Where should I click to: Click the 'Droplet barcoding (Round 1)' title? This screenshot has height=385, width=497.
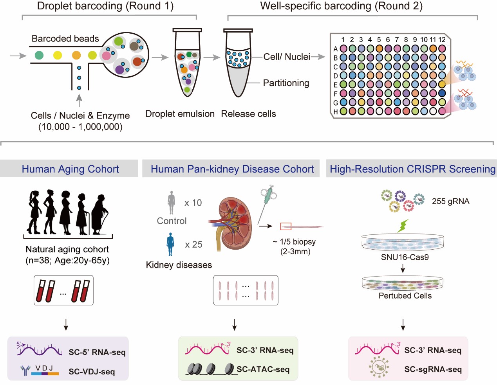[105, 6]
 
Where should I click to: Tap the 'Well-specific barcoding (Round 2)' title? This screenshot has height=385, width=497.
[341, 6]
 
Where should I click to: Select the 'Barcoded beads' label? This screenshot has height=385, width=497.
[65, 39]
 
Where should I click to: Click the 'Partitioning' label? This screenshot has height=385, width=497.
[286, 83]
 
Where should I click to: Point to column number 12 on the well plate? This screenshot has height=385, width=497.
[442, 40]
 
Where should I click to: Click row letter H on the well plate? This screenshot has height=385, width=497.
[336, 112]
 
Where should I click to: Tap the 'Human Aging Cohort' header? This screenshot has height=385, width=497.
[70, 169]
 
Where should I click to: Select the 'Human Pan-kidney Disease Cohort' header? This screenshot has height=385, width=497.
[232, 169]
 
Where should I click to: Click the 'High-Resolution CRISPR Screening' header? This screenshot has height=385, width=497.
[412, 169]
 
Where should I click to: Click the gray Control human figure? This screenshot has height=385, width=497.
[171, 202]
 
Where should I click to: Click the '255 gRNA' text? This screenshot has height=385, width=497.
[450, 201]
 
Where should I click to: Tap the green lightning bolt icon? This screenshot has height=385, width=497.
[403, 226]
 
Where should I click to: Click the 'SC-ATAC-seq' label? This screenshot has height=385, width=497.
[263, 369]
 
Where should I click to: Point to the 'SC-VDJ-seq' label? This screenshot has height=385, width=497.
[92, 372]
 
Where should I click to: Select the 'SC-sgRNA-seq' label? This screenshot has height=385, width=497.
[433, 369]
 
